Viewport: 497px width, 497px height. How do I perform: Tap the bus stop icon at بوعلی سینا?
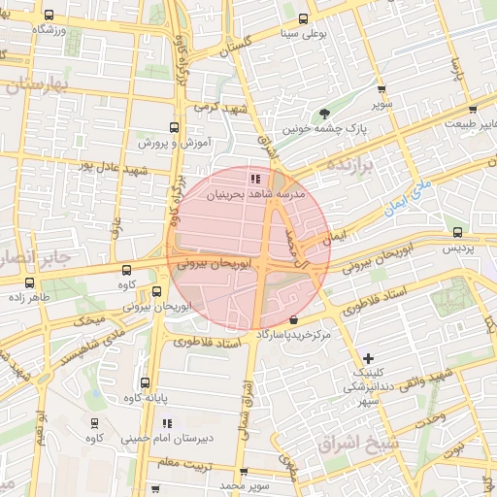(x=304, y=18)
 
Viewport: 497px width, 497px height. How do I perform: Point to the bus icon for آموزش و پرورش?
(x=175, y=127)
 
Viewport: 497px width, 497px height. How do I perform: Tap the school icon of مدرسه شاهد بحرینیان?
(x=254, y=179)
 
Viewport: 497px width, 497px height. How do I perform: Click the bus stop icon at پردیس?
(x=457, y=233)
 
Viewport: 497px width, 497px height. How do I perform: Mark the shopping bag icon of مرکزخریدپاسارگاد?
(x=307, y=319)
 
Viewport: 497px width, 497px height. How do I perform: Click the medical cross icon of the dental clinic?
(x=367, y=358)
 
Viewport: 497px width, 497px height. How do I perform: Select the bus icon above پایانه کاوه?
(x=145, y=382)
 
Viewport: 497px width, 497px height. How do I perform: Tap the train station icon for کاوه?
(x=94, y=423)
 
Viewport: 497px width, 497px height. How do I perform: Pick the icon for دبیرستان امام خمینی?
(x=167, y=423)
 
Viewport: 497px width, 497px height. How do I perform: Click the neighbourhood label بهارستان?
(x=39, y=85)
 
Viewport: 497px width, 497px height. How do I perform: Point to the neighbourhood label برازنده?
(x=358, y=161)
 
